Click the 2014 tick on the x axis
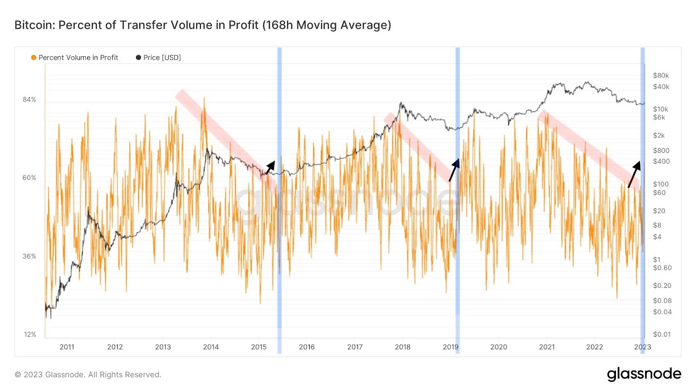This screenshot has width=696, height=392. coord(211,347)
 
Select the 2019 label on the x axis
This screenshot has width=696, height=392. coord(451,347)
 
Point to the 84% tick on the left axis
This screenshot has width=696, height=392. coord(30,99)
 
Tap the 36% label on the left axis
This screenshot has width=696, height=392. coord(30,256)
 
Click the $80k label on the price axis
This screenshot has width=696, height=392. coord(661,75)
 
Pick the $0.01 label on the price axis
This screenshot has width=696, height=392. coord(662,334)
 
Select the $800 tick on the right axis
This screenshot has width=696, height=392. coord(661,150)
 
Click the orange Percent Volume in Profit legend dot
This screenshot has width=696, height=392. coord(33,57)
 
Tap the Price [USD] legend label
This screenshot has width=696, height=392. coord(162,57)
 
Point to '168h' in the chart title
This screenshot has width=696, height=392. coord(278,25)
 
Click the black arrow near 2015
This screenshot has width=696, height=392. coord(270,167)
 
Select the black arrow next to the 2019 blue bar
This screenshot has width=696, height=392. coord(454,170)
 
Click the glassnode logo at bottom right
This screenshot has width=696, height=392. coord(644,374)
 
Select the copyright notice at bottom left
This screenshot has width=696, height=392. coord(88,375)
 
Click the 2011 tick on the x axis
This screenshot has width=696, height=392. coord(67,347)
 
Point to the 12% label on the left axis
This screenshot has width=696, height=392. coord(30,334)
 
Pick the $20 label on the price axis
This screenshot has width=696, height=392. coord(659,211)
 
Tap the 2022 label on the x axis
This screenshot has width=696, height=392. coord(595,347)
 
